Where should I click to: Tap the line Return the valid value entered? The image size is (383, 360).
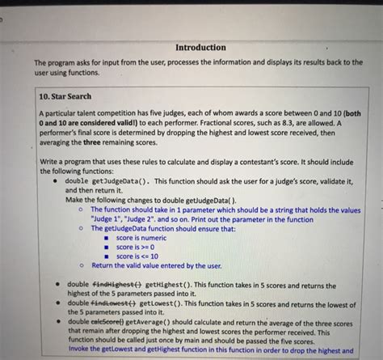click(x=156, y=265)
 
